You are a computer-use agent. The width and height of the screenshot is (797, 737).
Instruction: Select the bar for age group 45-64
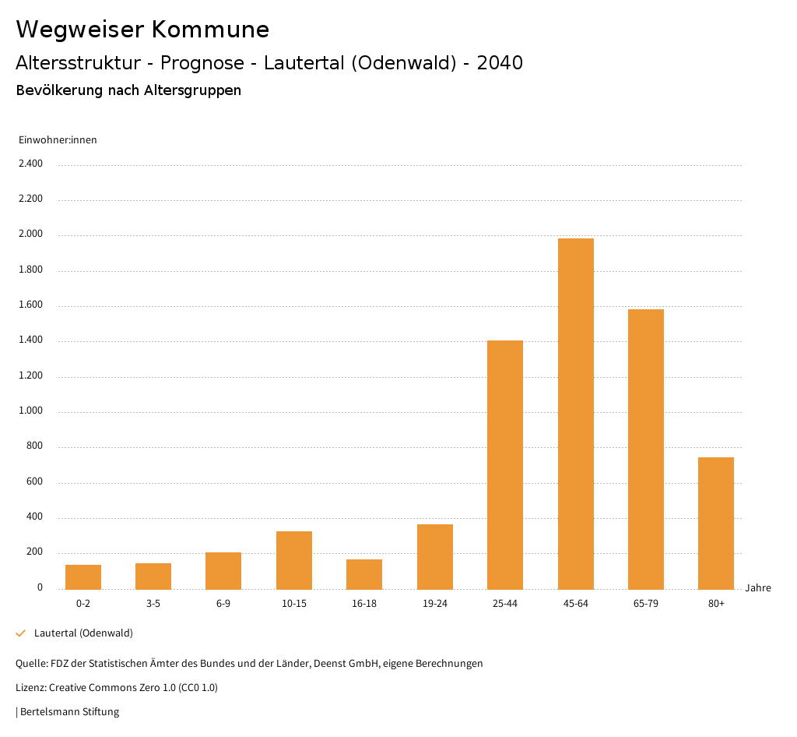coord(575,414)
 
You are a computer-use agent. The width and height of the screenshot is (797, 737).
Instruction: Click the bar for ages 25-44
coord(505,464)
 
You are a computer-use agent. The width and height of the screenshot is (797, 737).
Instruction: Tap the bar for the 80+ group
coord(716,523)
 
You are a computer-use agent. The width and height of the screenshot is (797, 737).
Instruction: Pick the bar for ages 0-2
coord(83,577)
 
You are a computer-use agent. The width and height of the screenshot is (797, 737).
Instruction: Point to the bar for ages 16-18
coord(364,574)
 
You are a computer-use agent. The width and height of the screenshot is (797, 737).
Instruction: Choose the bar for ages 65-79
coord(646,449)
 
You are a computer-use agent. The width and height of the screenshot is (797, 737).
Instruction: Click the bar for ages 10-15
coord(294,560)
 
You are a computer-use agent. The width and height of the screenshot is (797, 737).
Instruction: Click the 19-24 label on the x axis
coord(434,604)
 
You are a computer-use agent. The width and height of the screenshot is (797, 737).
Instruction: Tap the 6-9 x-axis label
coord(223,604)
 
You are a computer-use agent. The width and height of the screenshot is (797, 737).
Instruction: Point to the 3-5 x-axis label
coord(153,604)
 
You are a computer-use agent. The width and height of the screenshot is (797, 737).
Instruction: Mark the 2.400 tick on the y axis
coord(32,164)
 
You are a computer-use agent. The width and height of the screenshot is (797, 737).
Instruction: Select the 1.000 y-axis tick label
coord(32,411)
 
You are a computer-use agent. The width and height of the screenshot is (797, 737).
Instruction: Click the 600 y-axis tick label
coord(35,482)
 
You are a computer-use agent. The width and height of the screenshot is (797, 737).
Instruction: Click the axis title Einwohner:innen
coord(58,140)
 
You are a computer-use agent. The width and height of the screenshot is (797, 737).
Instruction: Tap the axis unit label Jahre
coord(758,588)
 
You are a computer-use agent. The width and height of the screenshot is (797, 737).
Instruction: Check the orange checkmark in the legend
coord(21,633)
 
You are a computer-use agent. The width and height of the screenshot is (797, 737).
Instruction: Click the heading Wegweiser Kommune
coord(142,30)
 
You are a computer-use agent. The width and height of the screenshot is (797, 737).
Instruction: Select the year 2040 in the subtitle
coord(500,63)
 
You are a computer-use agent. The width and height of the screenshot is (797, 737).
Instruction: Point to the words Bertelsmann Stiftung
coord(69,711)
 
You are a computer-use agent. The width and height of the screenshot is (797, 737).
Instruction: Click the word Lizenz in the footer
coord(30,688)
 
